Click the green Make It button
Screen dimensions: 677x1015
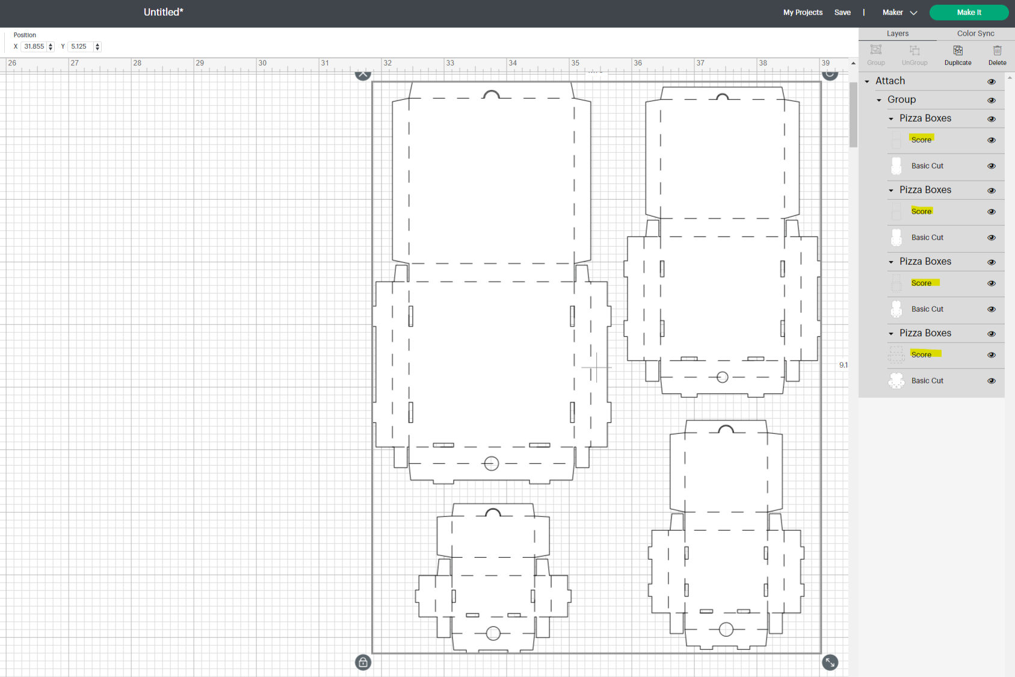click(968, 13)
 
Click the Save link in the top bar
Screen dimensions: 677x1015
click(842, 13)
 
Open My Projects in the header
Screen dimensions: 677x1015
click(802, 13)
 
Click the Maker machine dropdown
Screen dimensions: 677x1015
click(899, 13)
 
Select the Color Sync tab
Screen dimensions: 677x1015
click(975, 34)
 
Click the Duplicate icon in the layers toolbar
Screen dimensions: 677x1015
click(957, 54)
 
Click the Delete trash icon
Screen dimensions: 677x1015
click(996, 54)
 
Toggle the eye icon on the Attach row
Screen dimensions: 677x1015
click(991, 81)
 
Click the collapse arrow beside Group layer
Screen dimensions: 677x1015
click(879, 100)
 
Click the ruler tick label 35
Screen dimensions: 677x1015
click(575, 63)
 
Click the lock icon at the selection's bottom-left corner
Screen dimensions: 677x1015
click(363, 663)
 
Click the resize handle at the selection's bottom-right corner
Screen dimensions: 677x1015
click(830, 663)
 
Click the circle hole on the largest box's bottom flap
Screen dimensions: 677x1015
click(491, 463)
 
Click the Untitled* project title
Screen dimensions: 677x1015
click(163, 12)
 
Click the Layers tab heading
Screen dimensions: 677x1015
click(897, 34)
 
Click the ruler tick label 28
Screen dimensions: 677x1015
click(137, 63)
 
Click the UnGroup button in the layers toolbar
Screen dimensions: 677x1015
click(914, 54)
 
